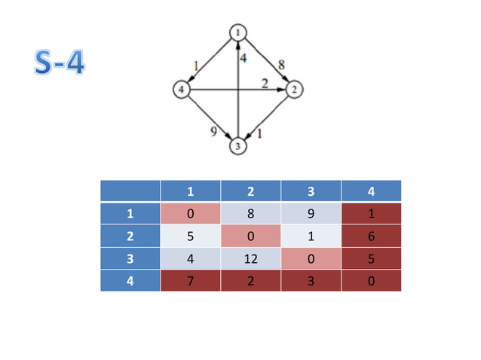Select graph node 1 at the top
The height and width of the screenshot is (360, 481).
(239, 32)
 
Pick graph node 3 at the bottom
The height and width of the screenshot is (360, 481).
(239, 146)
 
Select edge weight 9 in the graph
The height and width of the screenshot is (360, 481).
(214, 133)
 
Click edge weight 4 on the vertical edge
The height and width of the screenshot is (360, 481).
(244, 57)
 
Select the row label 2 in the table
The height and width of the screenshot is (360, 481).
(130, 236)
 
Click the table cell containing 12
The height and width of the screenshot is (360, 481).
(250, 258)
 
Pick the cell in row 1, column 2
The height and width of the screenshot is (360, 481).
(250, 214)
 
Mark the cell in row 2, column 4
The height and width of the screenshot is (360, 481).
(370, 236)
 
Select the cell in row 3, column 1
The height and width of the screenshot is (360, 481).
(190, 258)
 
